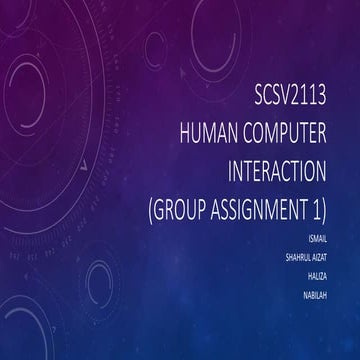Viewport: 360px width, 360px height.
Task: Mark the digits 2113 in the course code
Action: [x=326, y=99]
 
